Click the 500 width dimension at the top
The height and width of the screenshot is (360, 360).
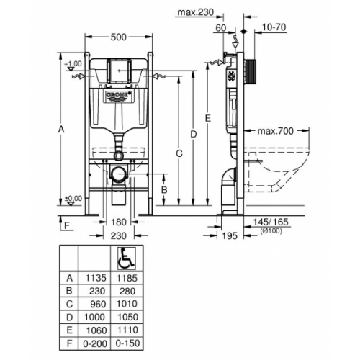click(x=119, y=37)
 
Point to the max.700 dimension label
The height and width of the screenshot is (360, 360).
click(x=275, y=131)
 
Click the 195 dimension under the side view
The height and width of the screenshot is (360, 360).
click(x=228, y=236)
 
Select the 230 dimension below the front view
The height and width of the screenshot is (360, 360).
click(x=118, y=236)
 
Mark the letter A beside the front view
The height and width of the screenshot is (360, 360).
click(x=62, y=130)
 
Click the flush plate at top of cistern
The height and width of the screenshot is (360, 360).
click(x=119, y=71)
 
